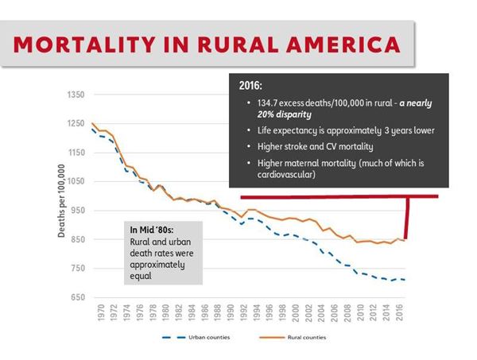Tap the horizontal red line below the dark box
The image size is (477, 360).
[334, 195]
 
